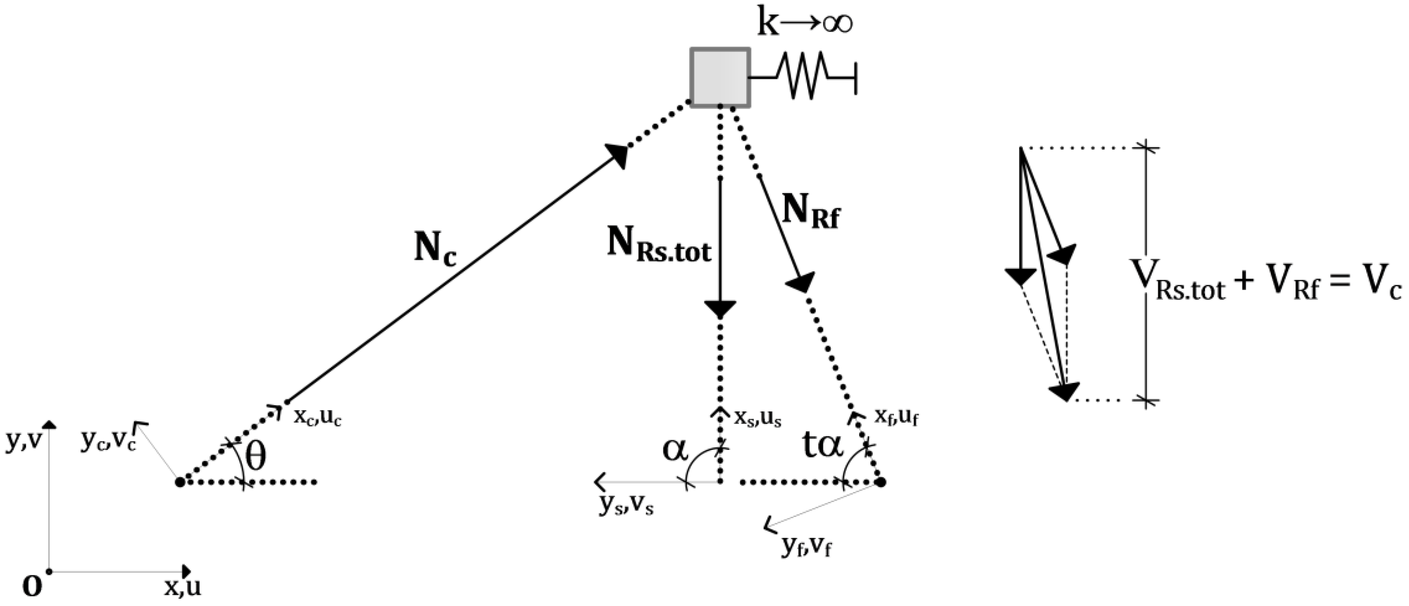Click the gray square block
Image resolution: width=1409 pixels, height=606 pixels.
point(720,78)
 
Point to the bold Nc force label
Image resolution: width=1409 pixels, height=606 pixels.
point(435,250)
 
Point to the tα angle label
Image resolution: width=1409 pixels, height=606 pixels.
point(823,445)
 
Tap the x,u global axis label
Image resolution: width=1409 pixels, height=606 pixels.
point(183,587)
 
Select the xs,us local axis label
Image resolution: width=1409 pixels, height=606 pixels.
point(758,418)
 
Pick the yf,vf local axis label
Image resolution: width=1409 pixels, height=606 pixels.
point(807,546)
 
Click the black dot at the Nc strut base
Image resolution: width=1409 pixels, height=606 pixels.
point(180,482)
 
